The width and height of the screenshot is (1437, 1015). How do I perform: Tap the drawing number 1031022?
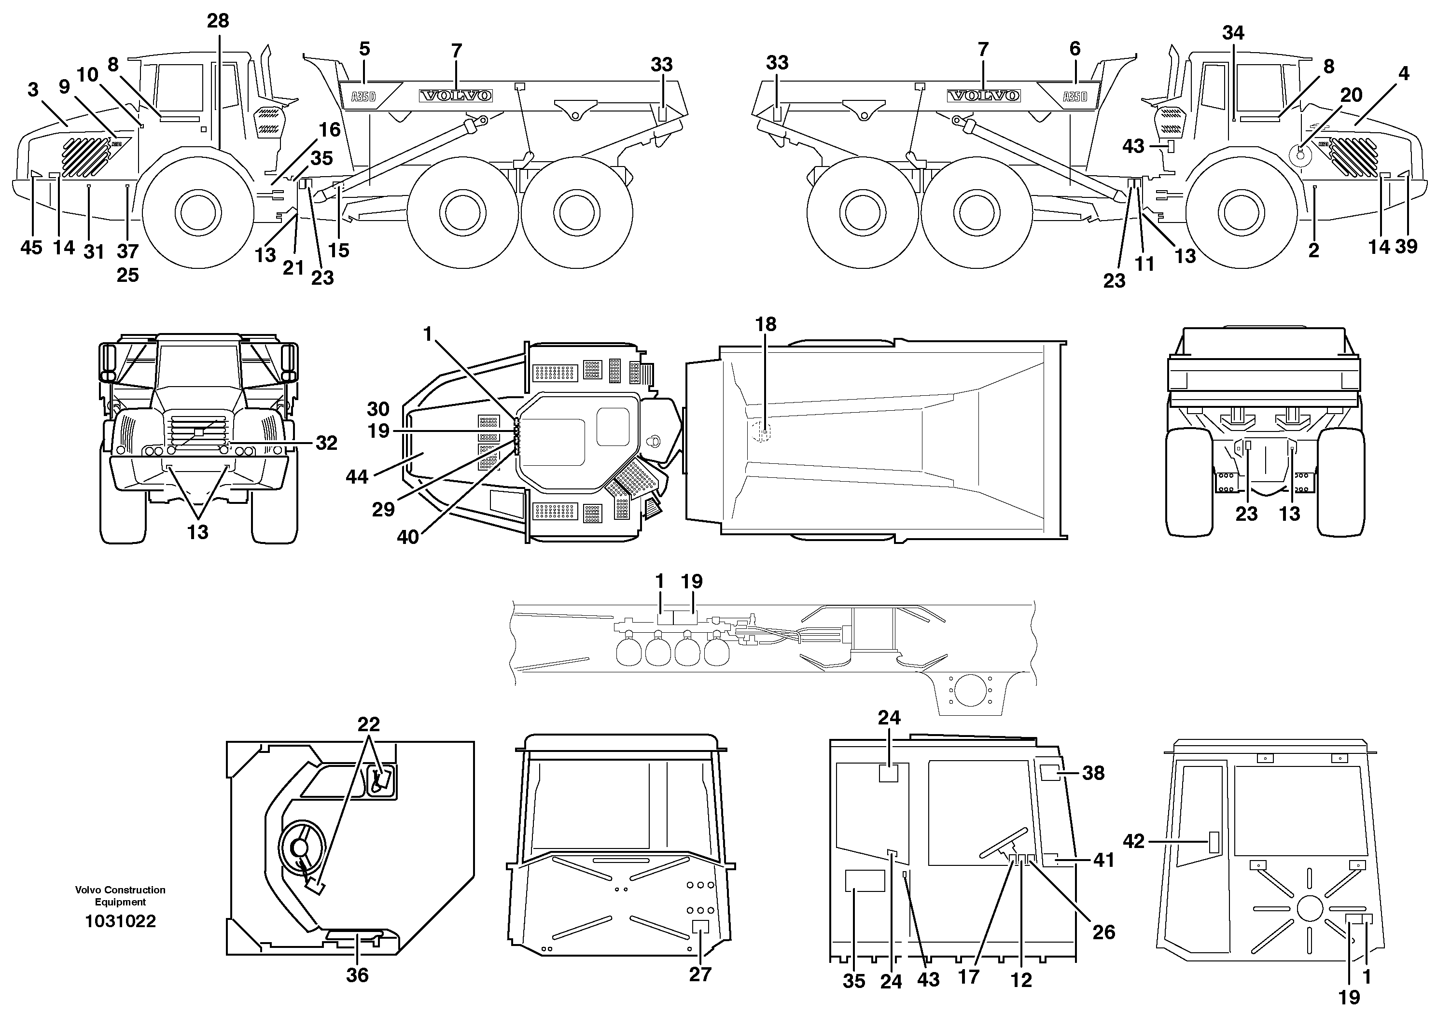point(120,921)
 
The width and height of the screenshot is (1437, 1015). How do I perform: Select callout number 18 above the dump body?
point(766,324)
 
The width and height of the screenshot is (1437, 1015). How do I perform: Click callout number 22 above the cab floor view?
point(369,724)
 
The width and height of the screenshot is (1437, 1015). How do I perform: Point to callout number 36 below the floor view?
point(357,975)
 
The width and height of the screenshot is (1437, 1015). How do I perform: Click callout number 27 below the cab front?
point(700,974)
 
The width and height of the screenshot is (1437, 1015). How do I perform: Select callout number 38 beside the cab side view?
point(1093,774)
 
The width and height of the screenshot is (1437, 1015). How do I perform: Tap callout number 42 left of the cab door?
point(1133,841)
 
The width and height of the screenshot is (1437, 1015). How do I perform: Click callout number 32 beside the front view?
point(326,443)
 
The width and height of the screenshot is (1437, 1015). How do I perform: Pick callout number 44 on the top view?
point(357,477)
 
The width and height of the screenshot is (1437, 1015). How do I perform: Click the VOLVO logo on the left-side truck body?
point(456,96)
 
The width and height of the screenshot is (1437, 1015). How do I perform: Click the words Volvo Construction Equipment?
point(120,895)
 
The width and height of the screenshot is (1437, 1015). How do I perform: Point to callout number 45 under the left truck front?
point(31,248)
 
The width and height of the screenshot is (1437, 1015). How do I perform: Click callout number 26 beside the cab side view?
point(1103,932)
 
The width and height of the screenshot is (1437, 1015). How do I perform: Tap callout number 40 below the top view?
point(407,537)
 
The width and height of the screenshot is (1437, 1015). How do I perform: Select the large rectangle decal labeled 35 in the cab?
point(865,880)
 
